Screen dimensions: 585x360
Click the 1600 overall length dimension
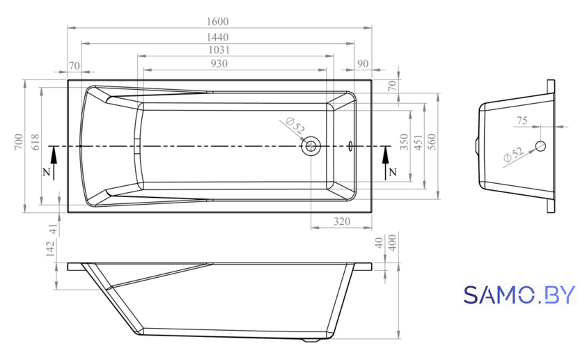pos(217,22)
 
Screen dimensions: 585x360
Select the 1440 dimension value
pos(217,38)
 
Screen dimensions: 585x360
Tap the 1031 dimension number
pos(219,50)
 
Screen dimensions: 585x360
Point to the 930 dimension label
pos(219,64)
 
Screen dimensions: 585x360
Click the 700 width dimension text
pos(19,142)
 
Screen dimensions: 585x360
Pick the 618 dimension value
pos(35,142)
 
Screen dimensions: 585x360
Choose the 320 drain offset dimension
pos(342,221)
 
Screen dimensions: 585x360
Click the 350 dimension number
pos(404,142)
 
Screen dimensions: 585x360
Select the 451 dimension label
pos(418,142)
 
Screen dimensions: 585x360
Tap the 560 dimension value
pos(431,142)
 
